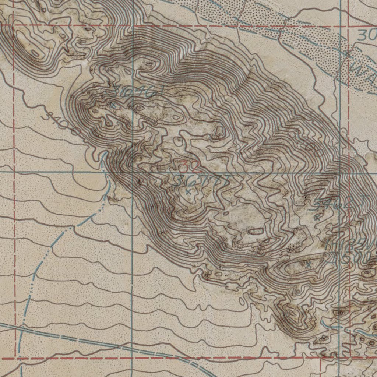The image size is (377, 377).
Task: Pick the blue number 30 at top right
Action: click(x=367, y=35)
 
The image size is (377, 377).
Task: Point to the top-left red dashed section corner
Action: click(x=14, y=25)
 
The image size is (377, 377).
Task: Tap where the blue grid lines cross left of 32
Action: click(x=132, y=172)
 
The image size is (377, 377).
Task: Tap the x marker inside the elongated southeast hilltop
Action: click(x=309, y=264)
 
